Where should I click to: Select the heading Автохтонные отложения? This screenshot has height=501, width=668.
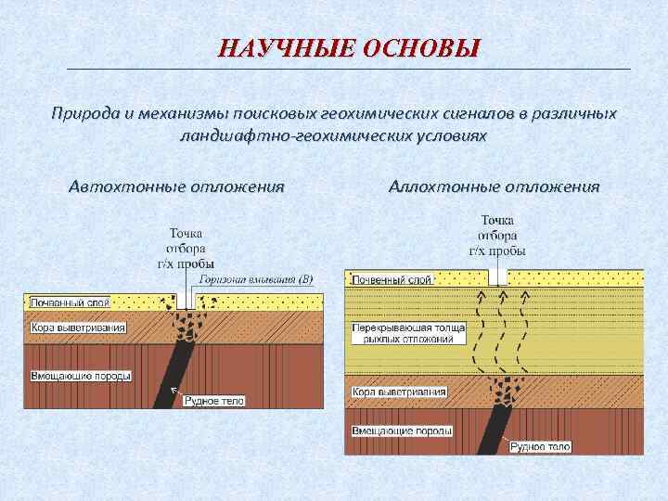tap(176, 186)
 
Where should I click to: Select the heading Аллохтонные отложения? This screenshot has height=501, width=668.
tap(495, 186)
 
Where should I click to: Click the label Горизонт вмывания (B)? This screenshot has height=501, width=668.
tap(256, 278)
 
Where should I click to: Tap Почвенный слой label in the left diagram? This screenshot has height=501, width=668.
tap(70, 302)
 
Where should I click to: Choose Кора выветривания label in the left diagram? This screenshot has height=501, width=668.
tap(78, 328)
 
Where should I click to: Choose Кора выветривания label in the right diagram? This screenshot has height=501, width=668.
tap(399, 392)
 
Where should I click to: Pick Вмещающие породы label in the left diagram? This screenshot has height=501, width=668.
tap(81, 376)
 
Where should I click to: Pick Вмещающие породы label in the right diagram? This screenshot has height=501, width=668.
tap(402, 430)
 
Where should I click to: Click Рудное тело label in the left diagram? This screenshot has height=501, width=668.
tap(213, 401)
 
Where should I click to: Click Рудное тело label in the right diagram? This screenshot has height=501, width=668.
tap(539, 446)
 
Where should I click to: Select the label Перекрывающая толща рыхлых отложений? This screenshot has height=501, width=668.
tap(403, 334)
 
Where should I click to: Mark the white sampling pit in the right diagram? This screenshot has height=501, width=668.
tap(498, 276)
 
